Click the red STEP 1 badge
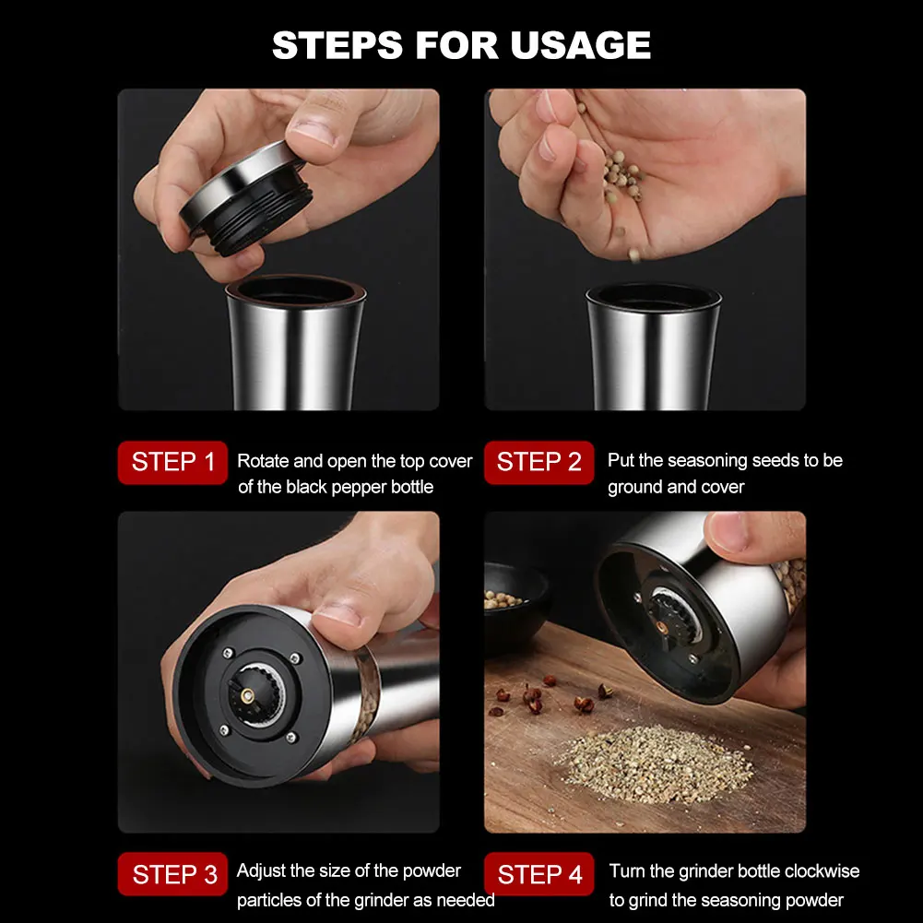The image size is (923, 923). coord(172,463)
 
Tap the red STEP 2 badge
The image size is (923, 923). coord(539,463)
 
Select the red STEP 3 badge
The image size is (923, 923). coord(172,874)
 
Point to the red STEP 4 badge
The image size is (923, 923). coord(539,874)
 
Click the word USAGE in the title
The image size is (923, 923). coord(580,45)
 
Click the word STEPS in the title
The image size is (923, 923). coord(337,45)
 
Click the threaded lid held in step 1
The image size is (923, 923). coord(246,197)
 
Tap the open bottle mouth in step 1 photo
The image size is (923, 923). coord(296,290)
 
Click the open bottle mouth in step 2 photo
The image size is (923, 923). coord(654,296)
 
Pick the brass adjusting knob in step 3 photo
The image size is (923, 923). coord(247,696)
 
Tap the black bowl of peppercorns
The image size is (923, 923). coord(515,607)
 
